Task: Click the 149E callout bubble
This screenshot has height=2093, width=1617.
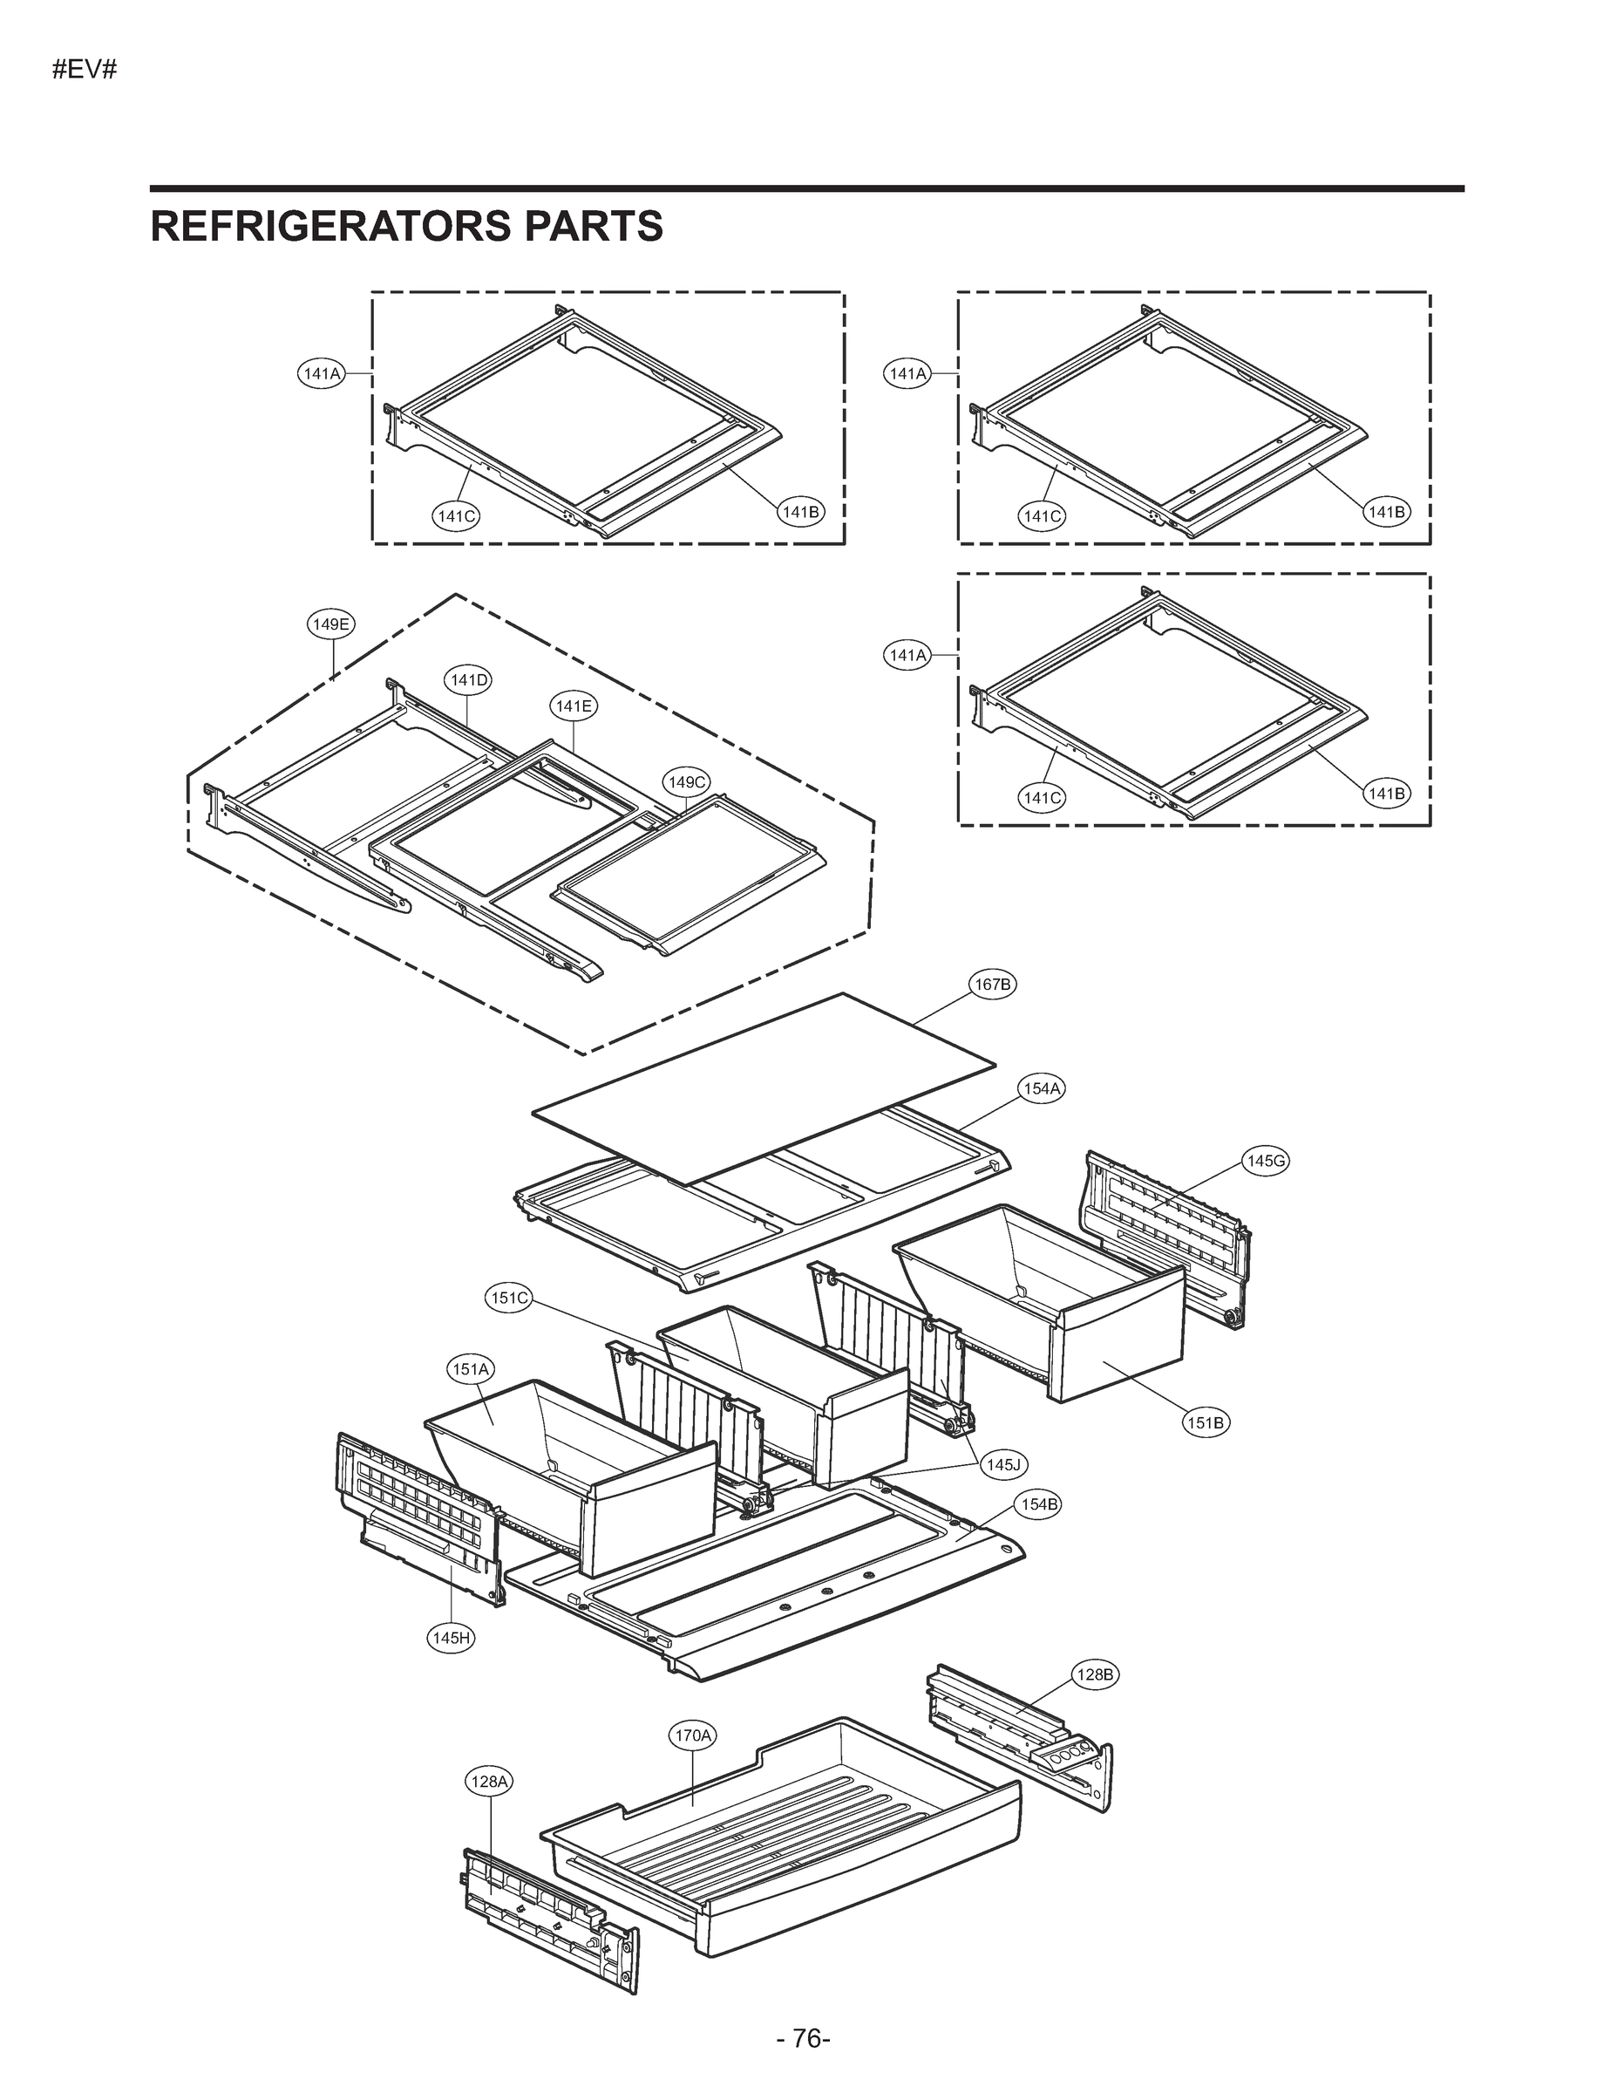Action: pos(331,624)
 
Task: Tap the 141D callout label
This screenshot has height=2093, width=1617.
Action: pos(468,680)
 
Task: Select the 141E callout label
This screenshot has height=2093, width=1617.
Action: pos(573,706)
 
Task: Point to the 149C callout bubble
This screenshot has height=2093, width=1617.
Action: pos(686,782)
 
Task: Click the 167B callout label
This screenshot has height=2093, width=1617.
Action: pos(991,985)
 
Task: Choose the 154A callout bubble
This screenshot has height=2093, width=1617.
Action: pos(1042,1088)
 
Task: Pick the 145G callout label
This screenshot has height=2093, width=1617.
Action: pos(1265,1162)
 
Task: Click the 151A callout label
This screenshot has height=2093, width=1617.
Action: pos(471,1369)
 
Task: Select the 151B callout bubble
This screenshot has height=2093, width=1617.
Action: pos(1205,1423)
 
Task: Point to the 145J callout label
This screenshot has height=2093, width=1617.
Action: pos(1005,1464)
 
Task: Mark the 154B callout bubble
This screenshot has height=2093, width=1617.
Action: pos(1039,1504)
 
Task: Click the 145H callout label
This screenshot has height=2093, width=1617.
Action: pos(452,1638)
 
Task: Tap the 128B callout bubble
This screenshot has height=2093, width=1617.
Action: pos(1094,1675)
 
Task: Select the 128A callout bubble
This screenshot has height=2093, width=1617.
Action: pos(488,1782)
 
